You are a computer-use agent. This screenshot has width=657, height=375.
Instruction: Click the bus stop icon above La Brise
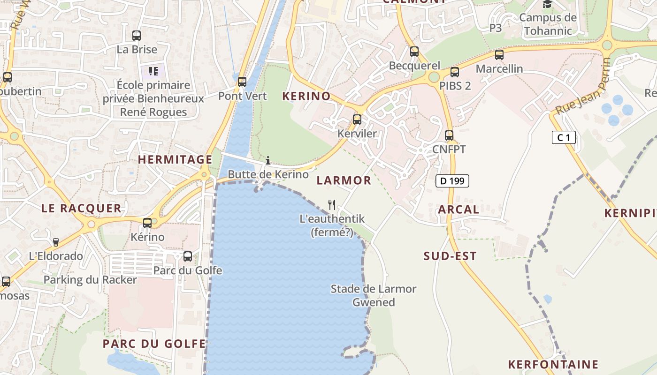137,36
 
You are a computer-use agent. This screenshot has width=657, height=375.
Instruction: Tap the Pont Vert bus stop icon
242,82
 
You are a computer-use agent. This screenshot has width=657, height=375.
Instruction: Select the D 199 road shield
452,180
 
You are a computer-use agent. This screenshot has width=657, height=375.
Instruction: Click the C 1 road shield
564,137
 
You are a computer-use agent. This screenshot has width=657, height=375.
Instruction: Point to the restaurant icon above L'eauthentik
332,204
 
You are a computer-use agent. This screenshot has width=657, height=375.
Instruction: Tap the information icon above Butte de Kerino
268,160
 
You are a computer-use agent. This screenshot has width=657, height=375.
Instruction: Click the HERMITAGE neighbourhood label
175,160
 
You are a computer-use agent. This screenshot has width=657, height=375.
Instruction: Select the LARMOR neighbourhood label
344,180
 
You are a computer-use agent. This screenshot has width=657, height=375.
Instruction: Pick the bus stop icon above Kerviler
357,120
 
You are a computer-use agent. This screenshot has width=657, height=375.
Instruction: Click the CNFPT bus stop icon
449,135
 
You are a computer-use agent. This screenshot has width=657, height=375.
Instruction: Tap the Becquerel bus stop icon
414,52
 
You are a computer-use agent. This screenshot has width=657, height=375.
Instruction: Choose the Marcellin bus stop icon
499,55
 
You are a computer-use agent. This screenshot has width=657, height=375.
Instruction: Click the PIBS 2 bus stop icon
455,72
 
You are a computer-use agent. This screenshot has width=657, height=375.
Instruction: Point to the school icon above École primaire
153,71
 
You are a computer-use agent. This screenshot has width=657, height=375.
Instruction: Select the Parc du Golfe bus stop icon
188,256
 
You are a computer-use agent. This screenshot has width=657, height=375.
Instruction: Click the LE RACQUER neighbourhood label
81,209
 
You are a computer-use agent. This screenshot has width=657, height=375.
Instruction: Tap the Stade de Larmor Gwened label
374,295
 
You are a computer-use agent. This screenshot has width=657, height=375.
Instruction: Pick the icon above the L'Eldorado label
56,242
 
